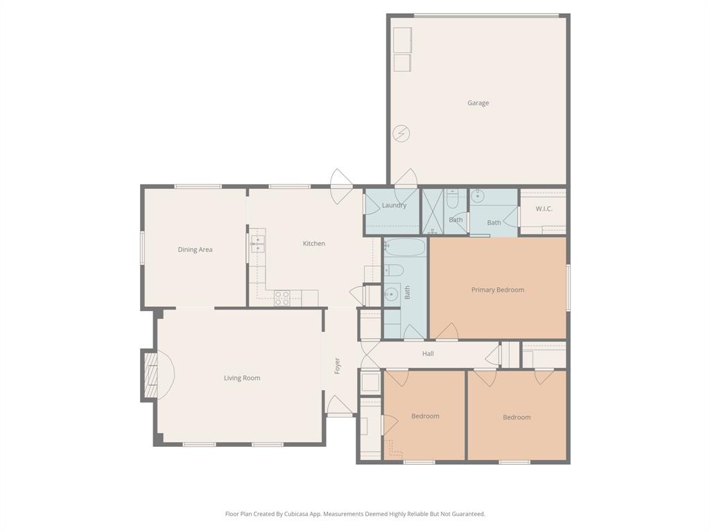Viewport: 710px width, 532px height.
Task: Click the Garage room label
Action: pyautogui.click(x=478, y=103)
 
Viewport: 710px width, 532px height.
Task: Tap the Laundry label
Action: pyautogui.click(x=394, y=206)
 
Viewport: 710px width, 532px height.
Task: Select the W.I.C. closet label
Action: pyautogui.click(x=544, y=209)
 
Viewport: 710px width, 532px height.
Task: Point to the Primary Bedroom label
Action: pyautogui.click(x=497, y=290)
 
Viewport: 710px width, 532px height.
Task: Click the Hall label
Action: pyautogui.click(x=428, y=354)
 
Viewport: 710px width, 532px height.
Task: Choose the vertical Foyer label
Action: pyautogui.click(x=338, y=366)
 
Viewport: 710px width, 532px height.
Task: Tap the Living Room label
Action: pyautogui.click(x=242, y=378)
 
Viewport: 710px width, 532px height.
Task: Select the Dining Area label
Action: pyautogui.click(x=195, y=250)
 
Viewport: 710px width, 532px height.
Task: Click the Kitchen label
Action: pyautogui.click(x=313, y=244)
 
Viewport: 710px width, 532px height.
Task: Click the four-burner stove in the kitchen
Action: pyautogui.click(x=282, y=298)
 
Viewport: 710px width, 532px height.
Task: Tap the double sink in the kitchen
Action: pyautogui.click(x=257, y=243)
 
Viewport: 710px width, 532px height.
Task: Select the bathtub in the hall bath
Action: pyautogui.click(x=405, y=248)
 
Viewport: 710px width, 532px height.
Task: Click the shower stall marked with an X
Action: pyautogui.click(x=433, y=211)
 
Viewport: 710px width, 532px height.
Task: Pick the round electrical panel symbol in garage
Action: pyautogui.click(x=401, y=133)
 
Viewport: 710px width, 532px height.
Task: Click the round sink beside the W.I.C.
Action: pyautogui.click(x=478, y=196)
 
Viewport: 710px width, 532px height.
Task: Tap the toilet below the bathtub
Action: pyautogui.click(x=392, y=270)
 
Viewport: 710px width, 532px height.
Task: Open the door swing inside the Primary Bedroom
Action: pyautogui.click(x=447, y=332)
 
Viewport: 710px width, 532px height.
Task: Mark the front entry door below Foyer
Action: pyautogui.click(x=339, y=406)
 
